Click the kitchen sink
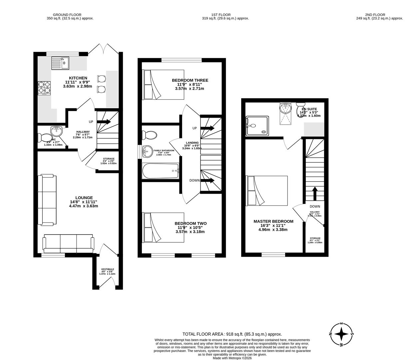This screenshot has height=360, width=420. pos(60,63)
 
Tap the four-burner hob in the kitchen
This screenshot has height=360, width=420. pos(44,88)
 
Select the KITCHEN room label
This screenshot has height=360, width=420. pos(78,78)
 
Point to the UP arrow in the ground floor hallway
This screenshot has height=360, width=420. pos(104,122)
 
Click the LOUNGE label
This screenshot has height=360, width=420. pos(84,198)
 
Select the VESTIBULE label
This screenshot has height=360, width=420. pos(108,269)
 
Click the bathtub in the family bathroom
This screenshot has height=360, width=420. pos(161,171)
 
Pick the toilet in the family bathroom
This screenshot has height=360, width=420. pos(149,135)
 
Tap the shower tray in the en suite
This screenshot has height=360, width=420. pos(257,126)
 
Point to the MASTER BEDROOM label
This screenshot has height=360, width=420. pos(273,221)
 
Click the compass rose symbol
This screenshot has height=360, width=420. pos(341,334)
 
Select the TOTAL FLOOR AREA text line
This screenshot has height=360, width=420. pos(232,334)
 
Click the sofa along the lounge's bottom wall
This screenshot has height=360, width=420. pos(68,244)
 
